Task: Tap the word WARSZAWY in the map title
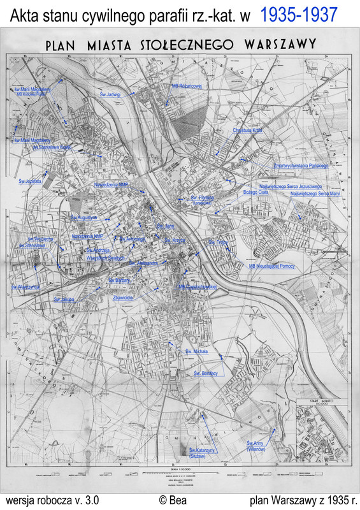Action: coord(278,44)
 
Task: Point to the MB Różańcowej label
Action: coord(187,85)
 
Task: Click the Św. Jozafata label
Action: coord(26,182)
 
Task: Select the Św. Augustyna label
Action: coord(83,217)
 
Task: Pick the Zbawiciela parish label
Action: coord(122,298)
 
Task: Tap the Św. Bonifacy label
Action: coord(206,373)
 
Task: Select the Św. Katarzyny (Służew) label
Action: coord(205,454)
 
